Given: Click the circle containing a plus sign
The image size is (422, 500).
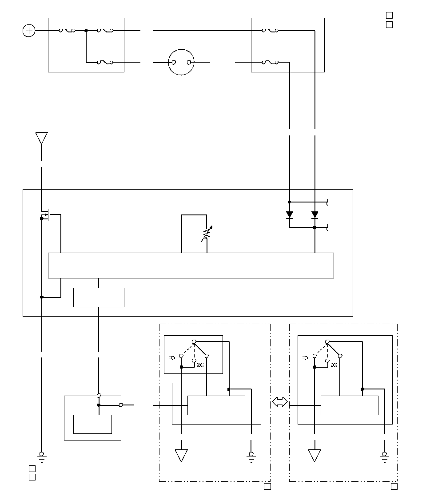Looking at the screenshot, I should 29,31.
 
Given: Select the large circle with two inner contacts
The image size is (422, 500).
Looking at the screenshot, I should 181,62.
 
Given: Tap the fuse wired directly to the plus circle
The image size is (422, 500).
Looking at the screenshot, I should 67,31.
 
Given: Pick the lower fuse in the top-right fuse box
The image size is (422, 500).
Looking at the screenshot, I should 270,62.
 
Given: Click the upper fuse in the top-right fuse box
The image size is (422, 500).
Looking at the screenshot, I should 270,31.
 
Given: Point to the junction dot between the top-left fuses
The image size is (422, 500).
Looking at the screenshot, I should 86,31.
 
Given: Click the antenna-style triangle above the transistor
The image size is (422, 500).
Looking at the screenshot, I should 41,138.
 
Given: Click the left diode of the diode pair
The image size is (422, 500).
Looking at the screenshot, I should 290,216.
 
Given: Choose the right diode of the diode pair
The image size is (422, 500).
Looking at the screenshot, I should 315,216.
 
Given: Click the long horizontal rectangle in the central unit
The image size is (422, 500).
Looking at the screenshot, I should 191,266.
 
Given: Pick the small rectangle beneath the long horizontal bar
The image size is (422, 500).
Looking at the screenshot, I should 99,298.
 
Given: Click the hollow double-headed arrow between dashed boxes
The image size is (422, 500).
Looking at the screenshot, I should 279,402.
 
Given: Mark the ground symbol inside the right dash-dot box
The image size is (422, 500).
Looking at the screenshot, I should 384,456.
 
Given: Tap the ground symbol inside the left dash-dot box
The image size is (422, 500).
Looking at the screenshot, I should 251,456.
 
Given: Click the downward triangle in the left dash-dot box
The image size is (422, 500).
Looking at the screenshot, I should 181,455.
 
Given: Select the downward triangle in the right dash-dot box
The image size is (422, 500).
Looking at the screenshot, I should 315,455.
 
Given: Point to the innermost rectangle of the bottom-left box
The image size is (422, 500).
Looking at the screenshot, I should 92,424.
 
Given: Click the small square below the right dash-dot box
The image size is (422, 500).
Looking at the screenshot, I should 394,487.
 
